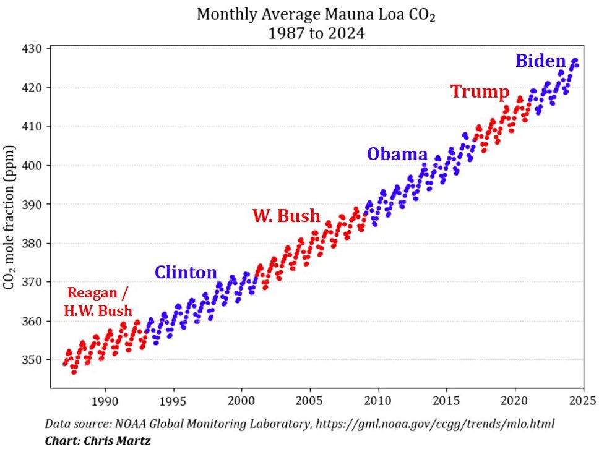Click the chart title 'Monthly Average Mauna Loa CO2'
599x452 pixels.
tap(316, 15)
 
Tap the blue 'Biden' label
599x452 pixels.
tap(540, 61)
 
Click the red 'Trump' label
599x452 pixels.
tap(480, 92)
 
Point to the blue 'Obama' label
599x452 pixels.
tap(397, 154)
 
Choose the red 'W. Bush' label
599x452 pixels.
tap(286, 216)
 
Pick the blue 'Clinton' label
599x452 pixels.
tap(186, 272)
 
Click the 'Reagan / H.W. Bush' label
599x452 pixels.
tap(99, 302)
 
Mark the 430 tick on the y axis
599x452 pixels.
tap(32, 49)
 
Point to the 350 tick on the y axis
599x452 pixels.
tap(32, 360)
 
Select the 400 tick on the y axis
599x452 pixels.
tap(32, 166)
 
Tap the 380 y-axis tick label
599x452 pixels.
tap(32, 243)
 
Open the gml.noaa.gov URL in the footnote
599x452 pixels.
tap(439, 424)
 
